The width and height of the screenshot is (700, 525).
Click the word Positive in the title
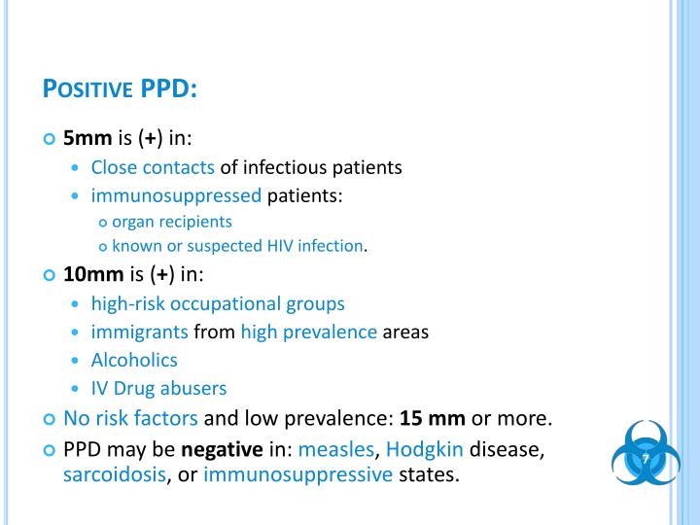tap(88, 88)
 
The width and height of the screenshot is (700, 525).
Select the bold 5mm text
tap(88, 139)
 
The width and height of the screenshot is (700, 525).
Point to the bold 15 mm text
tap(434, 419)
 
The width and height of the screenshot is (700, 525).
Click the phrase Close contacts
tap(153, 167)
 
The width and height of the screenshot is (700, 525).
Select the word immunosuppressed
tap(176, 195)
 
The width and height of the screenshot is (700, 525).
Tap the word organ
tap(133, 221)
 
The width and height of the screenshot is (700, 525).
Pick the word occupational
tap(223, 303)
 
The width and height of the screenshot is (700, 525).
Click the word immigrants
tap(140, 332)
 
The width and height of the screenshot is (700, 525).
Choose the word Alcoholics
tap(134, 360)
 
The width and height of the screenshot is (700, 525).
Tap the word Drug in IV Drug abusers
tap(136, 388)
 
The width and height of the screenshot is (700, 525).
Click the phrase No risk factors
tap(130, 419)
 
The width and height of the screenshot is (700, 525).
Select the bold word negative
tap(223, 450)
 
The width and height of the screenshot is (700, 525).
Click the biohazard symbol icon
tap(645, 457)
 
